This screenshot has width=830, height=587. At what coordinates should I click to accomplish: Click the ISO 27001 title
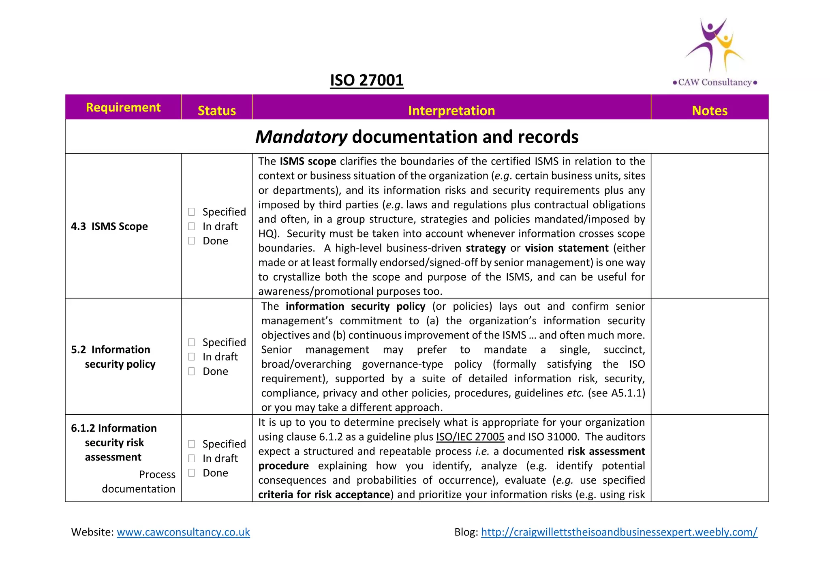[366, 80]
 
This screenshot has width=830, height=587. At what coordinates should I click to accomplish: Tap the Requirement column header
[123, 107]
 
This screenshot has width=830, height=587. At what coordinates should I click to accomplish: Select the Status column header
[217, 111]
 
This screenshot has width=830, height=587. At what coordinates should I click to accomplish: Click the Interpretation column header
[451, 111]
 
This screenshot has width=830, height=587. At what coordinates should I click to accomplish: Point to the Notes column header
[710, 111]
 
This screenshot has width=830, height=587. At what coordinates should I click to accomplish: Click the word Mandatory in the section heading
[301, 137]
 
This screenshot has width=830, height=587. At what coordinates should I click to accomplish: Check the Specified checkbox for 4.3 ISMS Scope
[192, 212]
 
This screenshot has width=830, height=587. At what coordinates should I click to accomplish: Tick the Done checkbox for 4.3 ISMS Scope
[192, 241]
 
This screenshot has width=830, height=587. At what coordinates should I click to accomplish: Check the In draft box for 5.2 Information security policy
[192, 357]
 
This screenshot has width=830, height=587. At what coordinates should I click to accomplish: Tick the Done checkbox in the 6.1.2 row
[192, 473]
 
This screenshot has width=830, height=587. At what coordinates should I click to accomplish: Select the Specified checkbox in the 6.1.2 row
[192, 444]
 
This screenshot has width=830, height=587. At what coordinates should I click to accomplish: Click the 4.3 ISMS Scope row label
[109, 226]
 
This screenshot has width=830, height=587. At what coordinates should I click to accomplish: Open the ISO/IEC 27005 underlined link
[470, 437]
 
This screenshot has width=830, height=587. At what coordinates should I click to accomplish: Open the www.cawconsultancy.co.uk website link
[183, 532]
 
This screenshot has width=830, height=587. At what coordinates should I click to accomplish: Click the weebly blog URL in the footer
[619, 532]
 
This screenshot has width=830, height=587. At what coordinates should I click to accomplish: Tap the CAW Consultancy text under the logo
[715, 82]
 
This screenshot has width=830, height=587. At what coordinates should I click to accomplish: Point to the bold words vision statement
[567, 248]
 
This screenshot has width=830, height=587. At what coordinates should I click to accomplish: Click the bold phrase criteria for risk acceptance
[324, 495]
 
